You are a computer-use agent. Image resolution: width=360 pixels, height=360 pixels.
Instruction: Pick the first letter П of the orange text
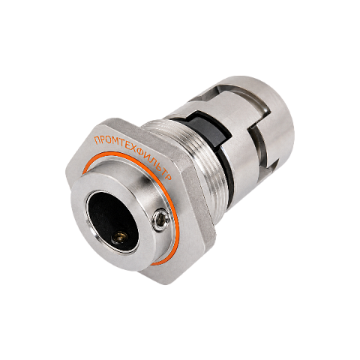click(x=96, y=140)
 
